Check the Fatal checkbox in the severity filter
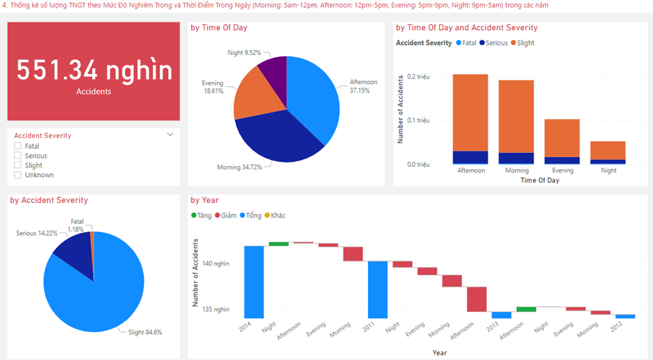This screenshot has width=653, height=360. (18, 147)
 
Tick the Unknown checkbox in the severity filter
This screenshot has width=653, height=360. (18, 175)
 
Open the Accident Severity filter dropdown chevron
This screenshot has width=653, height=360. (170, 136)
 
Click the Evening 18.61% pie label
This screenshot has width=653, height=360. (214, 87)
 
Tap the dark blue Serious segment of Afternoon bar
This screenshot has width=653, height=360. (470, 157)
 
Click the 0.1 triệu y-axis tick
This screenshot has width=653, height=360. (418, 120)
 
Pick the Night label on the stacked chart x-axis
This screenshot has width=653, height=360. (609, 170)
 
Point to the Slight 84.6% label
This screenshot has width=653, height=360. (144, 332)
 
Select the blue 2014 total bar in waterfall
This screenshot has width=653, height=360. (254, 281)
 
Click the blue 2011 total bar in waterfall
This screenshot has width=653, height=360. (378, 289)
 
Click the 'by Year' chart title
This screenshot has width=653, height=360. (205, 200)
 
